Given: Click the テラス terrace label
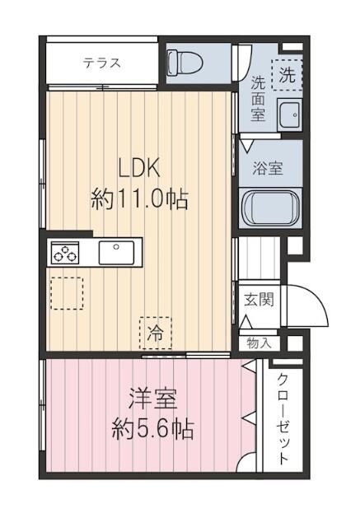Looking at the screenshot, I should click(101, 63).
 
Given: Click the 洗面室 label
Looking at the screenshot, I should click(258, 97).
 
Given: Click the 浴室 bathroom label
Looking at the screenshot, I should click(269, 168).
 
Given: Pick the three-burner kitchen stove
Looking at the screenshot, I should click(65, 254).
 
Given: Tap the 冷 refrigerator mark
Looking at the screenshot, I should click(155, 333).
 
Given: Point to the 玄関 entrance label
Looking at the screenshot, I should click(257, 299).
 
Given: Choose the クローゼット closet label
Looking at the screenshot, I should click(283, 421).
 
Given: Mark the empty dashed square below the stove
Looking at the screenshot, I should click(66, 292).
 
